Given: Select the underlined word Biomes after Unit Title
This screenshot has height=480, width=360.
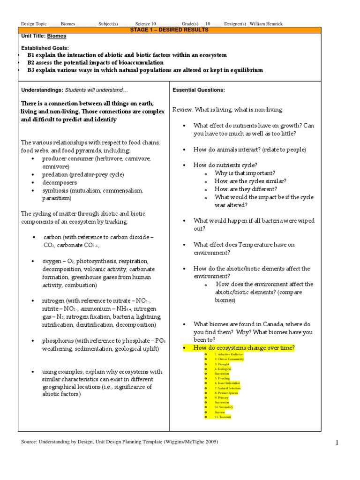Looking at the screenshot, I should (57, 36).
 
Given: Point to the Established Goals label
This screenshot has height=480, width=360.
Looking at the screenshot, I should (45, 48).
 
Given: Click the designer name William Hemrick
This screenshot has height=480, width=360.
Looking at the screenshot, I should (266, 24).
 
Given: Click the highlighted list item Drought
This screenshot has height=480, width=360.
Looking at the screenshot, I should (222, 364).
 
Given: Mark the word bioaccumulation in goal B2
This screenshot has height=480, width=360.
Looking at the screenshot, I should (140, 62).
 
